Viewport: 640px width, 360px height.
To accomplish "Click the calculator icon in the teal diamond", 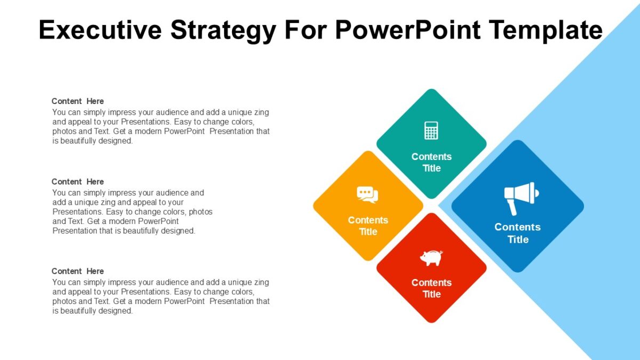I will pyautogui.click(x=431, y=130).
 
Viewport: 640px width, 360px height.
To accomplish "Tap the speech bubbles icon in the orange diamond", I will pyautogui.click(x=367, y=195).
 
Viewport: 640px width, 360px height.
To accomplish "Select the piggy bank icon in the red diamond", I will pyautogui.click(x=431, y=258).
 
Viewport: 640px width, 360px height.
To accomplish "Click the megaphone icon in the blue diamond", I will pyautogui.click(x=521, y=195).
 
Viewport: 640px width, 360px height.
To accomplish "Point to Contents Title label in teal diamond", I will pyautogui.click(x=431, y=162).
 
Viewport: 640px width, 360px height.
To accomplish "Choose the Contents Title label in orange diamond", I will pyautogui.click(x=368, y=226).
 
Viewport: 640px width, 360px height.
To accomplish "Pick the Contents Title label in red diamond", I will pyautogui.click(x=431, y=288).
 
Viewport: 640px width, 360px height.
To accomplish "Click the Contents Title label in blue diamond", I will pyautogui.click(x=517, y=233).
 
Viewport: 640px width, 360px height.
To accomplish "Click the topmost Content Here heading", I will pyautogui.click(x=78, y=101).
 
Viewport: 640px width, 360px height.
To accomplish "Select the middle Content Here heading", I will pyautogui.click(x=78, y=182).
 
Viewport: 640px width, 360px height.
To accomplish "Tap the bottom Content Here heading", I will pyautogui.click(x=78, y=271).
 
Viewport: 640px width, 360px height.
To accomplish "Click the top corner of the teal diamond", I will pyautogui.click(x=431, y=90).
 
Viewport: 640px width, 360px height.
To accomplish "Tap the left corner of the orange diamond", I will pyautogui.click(x=315, y=206).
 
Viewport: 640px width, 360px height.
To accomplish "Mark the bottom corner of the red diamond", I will pyautogui.click(x=431, y=322).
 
